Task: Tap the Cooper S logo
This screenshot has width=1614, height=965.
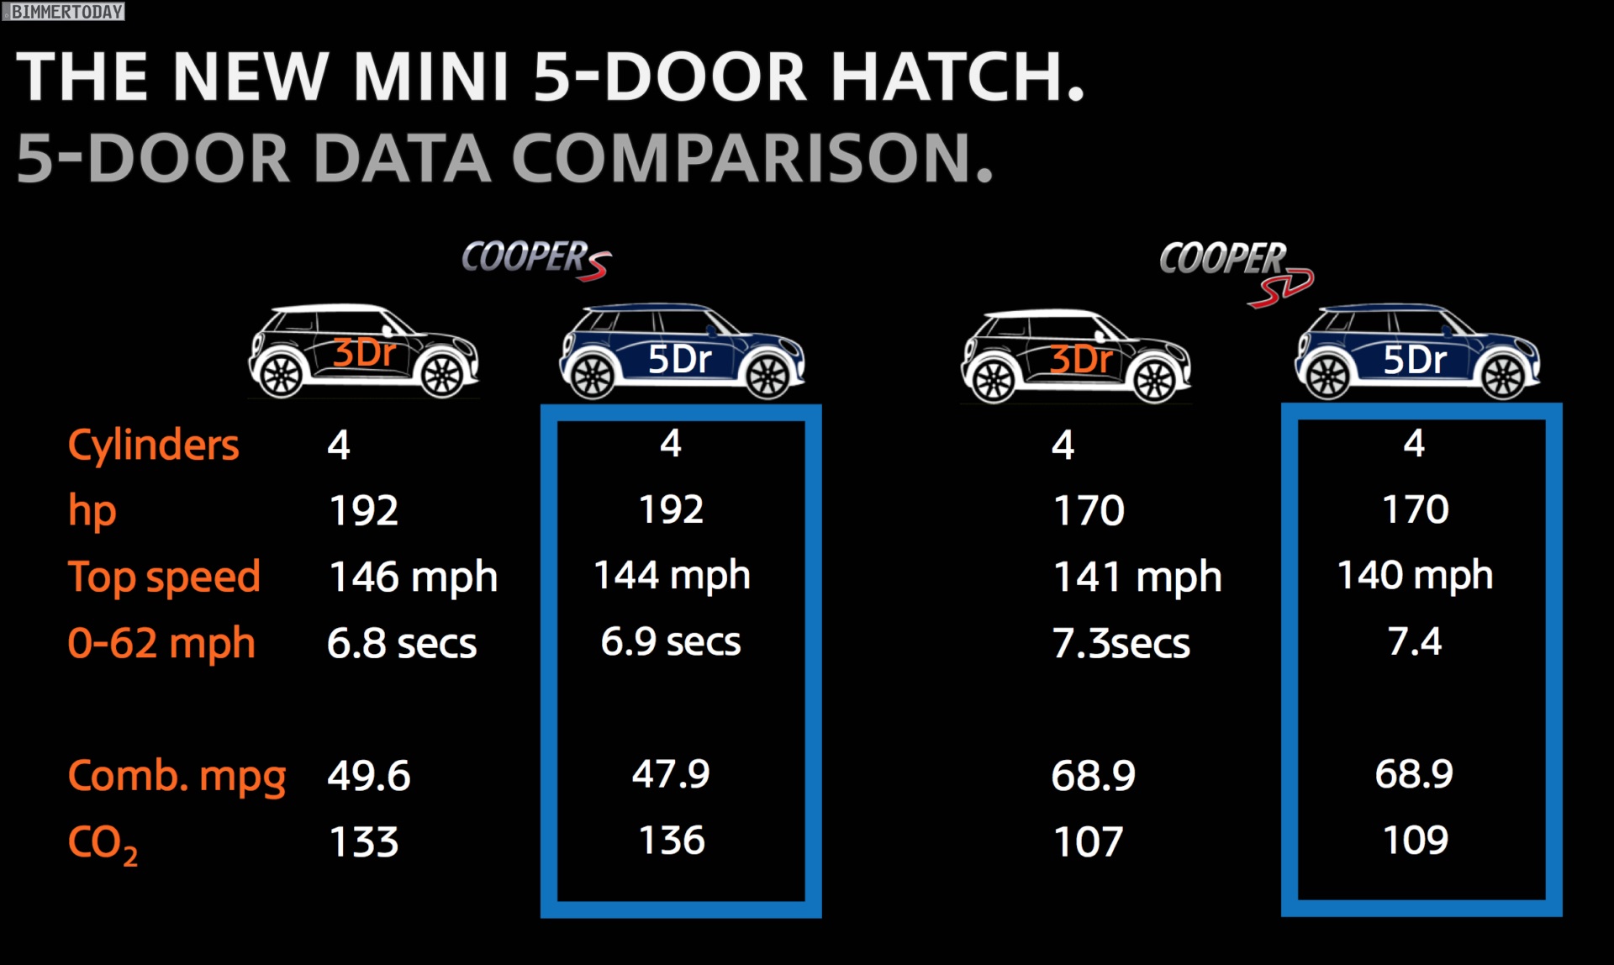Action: tap(536, 259)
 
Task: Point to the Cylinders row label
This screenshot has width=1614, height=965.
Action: tap(153, 445)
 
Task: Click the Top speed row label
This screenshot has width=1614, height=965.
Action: tap(164, 577)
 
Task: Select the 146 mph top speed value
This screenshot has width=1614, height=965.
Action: tap(413, 577)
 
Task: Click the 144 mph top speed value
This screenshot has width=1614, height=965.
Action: tap(672, 576)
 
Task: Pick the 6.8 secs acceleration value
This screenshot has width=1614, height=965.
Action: tap(402, 644)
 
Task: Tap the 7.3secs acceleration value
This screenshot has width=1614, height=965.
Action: tap(1121, 644)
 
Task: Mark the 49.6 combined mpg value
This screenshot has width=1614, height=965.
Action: tap(368, 776)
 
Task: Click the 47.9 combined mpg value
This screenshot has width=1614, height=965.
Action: tap(671, 774)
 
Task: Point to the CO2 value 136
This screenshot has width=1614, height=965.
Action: tap(672, 841)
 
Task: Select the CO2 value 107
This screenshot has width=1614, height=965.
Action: tap(1089, 842)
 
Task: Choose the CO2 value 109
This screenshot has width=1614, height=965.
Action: tap(1416, 841)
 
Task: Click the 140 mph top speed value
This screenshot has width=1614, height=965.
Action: tap(1415, 576)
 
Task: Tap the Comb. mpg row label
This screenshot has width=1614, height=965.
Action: tap(177, 777)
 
